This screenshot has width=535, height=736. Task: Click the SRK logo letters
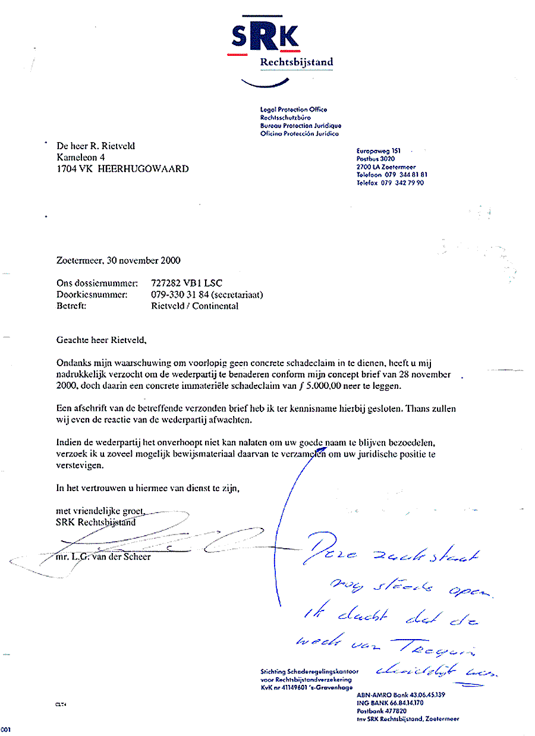265,37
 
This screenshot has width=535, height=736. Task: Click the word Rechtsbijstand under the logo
297,62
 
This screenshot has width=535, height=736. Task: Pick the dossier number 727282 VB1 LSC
187,284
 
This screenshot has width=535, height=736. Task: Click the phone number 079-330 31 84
177,295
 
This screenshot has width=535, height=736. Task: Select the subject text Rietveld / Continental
195,306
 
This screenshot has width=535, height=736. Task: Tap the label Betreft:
71,306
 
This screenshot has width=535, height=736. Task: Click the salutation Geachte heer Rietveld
100,341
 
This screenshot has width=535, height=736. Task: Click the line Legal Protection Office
294,109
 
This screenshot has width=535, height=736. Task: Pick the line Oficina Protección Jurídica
299,134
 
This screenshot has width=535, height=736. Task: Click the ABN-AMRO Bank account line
401,695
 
